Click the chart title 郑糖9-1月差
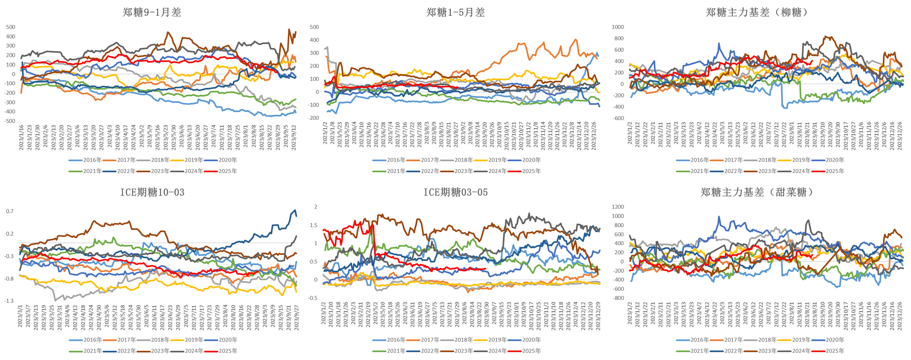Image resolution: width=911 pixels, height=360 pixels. [152, 12]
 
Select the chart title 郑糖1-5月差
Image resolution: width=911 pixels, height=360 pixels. [455, 12]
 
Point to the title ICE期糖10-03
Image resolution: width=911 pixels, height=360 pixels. [152, 192]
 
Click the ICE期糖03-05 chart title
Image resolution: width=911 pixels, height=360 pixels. [455, 192]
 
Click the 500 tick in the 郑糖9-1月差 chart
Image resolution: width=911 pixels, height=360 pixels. [10, 27]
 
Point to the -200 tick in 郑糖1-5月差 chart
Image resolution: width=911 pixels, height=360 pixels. [313, 118]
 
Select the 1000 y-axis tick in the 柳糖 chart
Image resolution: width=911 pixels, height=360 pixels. [618, 27]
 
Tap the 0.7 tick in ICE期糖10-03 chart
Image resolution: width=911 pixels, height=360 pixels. [10, 211]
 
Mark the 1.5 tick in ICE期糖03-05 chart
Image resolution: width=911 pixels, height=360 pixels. [313, 226]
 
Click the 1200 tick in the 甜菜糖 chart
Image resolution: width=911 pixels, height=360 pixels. [618, 207]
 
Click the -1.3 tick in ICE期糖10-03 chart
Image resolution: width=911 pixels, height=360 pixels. [9, 301]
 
